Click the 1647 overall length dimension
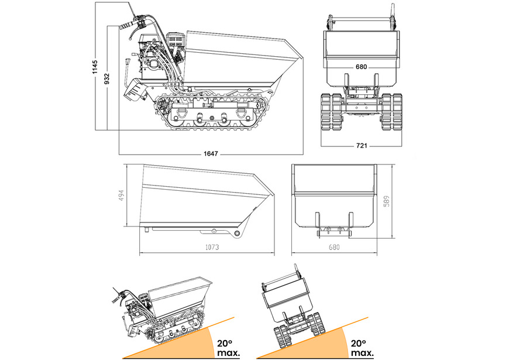211,154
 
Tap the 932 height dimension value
106,78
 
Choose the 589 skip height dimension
387,201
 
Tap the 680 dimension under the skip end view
333,248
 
